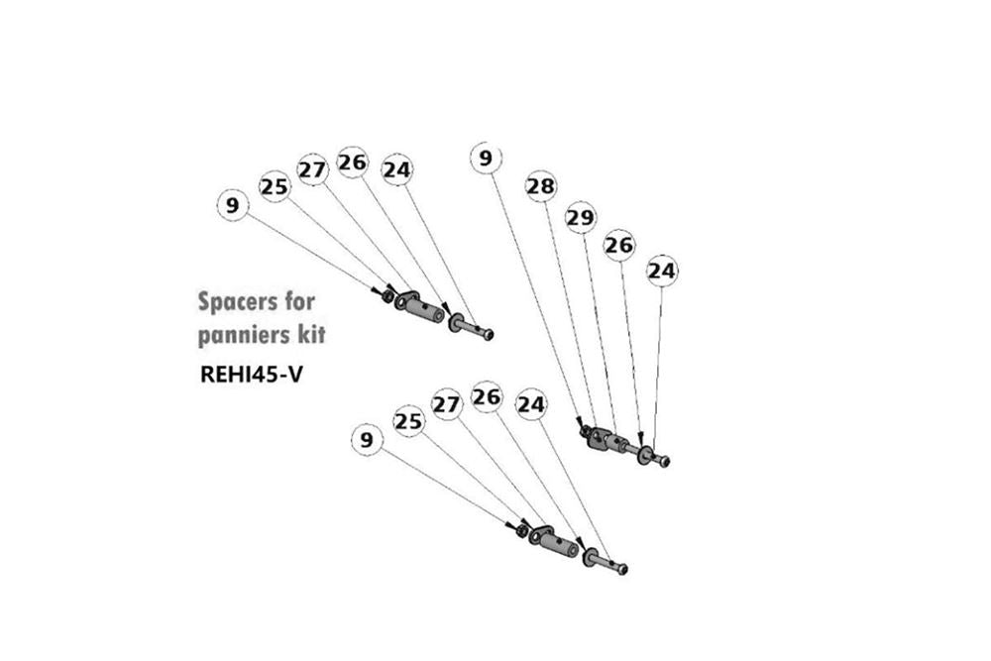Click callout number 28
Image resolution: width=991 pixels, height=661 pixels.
pos(541,186)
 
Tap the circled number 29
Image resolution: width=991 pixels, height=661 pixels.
pos(580,217)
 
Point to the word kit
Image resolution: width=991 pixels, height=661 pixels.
pos(311,334)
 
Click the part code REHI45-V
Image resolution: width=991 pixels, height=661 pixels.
pos(251,374)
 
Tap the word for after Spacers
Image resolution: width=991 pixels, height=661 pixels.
pos(297,301)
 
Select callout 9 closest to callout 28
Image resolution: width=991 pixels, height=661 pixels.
pos(486,158)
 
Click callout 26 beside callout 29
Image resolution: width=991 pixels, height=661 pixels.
pos(619,245)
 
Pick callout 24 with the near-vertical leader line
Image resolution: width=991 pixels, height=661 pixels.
pos(662,272)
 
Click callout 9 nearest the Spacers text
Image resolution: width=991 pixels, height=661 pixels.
pos(233,206)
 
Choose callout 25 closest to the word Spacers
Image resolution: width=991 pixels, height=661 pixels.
pos(275,187)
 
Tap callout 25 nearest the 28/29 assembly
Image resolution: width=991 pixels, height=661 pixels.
pos(408,421)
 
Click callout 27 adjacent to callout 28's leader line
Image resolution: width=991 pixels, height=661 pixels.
pos(447,404)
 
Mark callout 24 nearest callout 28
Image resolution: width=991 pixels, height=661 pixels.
pos(531,403)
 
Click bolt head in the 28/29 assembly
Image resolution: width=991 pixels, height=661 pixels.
pos(664,462)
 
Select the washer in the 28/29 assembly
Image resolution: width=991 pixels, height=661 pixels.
pos(645,456)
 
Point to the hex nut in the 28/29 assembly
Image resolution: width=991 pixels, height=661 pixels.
pos(586,432)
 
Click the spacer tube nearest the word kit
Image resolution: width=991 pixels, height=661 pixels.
pos(419,308)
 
